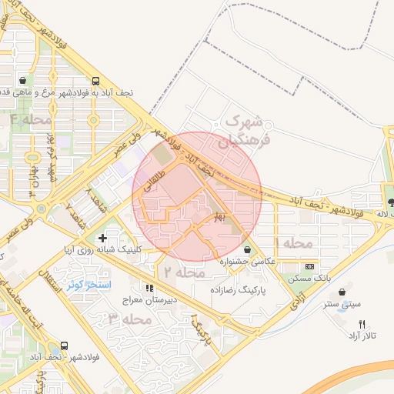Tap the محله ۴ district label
tap(32, 119)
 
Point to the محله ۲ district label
tap(182, 272)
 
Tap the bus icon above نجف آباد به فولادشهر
tap(95, 80)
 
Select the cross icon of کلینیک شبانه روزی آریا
tap(102, 239)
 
